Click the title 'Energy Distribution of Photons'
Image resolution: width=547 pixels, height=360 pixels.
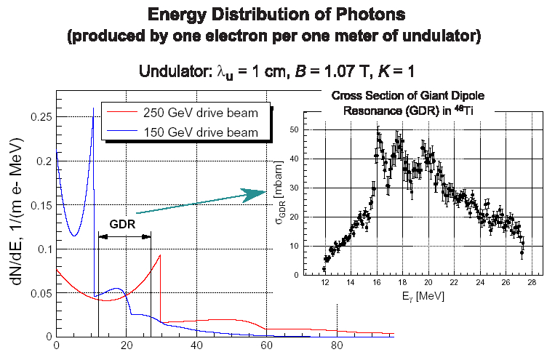[x=273, y=15]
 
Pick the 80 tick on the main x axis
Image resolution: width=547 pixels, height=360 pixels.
[x=337, y=346]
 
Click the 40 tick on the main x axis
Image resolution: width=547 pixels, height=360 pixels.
[x=196, y=346]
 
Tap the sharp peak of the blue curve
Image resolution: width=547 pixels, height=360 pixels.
[x=93, y=108]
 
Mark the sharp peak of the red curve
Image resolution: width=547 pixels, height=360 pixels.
[x=160, y=255]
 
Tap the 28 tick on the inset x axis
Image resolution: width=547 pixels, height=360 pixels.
[x=532, y=283]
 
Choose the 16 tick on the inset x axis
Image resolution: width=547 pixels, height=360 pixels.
[x=376, y=283]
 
